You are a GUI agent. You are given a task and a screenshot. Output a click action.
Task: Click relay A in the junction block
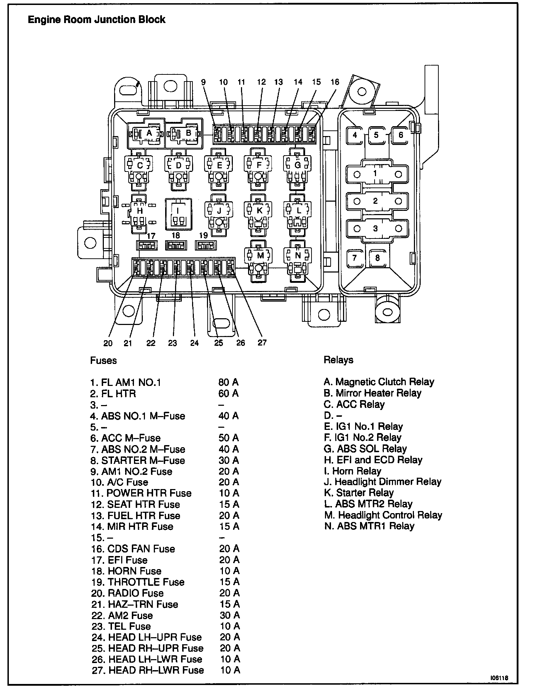149,134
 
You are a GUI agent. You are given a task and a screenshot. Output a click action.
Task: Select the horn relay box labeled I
178,214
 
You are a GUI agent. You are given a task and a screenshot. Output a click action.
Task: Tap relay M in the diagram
260,256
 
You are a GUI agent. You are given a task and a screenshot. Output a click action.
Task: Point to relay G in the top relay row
298,165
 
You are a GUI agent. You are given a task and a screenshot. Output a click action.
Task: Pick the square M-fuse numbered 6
401,135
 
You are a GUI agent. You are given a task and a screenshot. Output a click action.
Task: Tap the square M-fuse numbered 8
377,258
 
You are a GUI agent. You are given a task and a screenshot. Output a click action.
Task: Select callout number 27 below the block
262,343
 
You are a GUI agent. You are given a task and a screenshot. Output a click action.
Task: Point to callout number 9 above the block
203,82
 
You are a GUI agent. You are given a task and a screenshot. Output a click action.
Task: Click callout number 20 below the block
108,343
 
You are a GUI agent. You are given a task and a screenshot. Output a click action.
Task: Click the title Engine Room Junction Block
96,19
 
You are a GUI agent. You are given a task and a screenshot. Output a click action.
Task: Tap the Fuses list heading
103,360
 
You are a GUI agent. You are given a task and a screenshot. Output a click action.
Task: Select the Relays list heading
338,360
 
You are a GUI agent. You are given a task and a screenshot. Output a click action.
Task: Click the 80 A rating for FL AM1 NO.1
229,382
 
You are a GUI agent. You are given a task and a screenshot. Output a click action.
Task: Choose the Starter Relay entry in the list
359,493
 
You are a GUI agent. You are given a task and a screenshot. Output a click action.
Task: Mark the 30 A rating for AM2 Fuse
230,615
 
